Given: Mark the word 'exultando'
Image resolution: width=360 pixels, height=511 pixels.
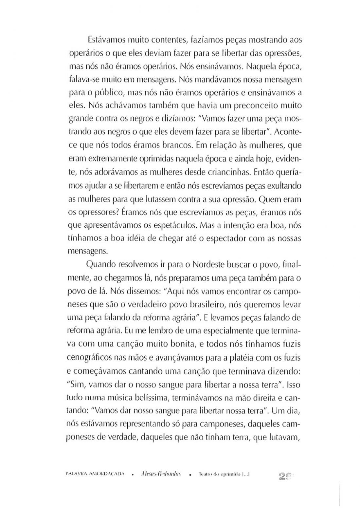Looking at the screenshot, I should [285, 185].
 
